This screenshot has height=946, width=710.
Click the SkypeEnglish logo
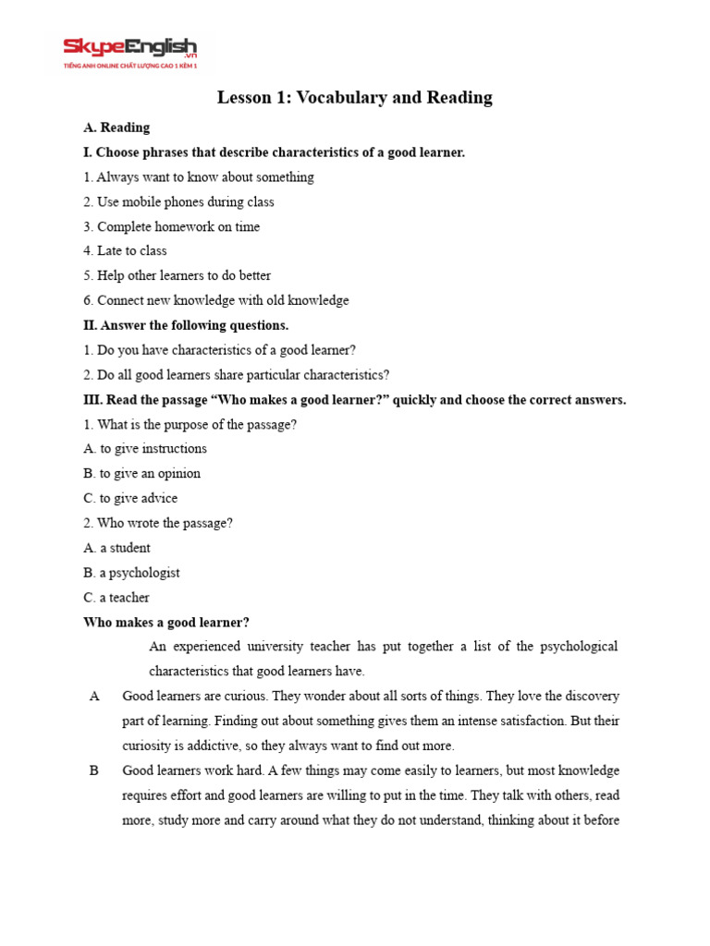[x=129, y=52]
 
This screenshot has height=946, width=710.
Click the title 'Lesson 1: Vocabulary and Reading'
[x=354, y=98]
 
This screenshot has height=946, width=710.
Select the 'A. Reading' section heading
[x=116, y=127]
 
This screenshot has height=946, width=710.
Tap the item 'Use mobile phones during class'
[x=178, y=201]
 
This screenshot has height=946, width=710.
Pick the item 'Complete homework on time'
[x=171, y=226]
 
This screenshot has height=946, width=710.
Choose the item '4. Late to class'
[x=125, y=250]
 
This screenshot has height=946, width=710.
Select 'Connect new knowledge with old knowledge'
[x=216, y=300]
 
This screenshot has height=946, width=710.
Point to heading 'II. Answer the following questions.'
[x=186, y=325]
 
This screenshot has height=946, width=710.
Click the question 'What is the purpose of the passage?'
[x=190, y=425]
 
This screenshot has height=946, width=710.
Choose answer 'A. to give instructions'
[x=145, y=449]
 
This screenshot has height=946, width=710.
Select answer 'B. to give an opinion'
[x=141, y=474]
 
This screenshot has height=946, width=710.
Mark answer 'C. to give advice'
[x=130, y=499]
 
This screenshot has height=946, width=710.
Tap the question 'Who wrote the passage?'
[x=158, y=524]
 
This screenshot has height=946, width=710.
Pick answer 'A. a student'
[x=116, y=549]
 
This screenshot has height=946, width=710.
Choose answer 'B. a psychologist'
[x=131, y=573]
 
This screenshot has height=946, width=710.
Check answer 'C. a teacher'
[x=116, y=598]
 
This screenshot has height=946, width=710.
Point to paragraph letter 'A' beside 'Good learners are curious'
[x=94, y=697]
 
